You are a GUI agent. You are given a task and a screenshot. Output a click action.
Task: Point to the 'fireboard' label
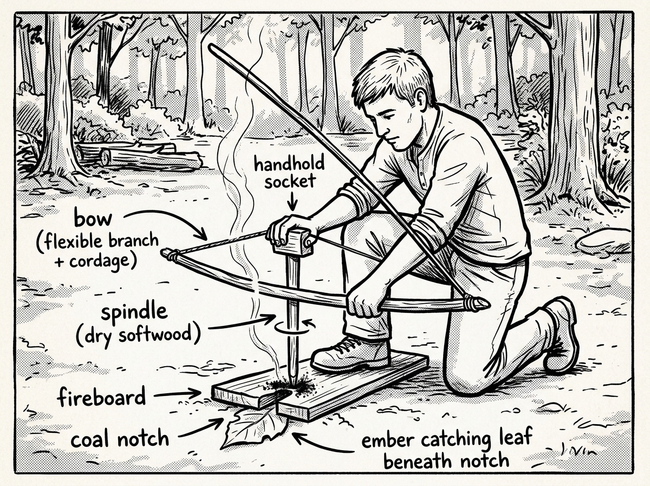tap(102, 397)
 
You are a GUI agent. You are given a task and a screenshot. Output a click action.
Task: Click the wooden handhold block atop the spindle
tap(293, 242)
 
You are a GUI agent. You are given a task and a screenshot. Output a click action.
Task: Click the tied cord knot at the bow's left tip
tap(169, 254)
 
